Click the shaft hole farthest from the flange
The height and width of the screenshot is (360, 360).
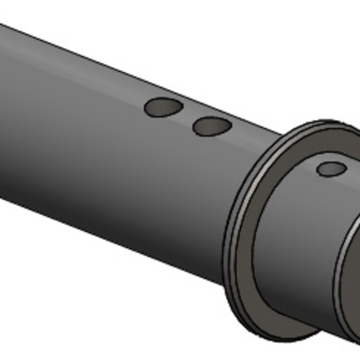click(164, 107)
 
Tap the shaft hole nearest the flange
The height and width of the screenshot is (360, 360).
click(212, 126)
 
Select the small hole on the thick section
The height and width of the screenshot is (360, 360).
click(331, 169)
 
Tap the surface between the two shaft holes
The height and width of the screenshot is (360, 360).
click(188, 117)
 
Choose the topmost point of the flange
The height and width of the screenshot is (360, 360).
click(329, 122)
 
